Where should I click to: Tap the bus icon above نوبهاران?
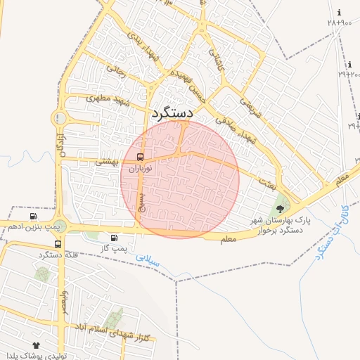pos(140,157)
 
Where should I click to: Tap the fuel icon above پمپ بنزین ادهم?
pos(33,216)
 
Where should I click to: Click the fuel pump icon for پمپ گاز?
pos(114,238)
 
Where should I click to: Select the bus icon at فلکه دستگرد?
pos(58,244)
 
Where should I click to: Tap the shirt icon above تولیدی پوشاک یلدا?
pos(36,345)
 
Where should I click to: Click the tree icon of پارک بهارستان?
pos(281,207)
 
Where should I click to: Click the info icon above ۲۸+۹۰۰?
pos(340,13)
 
